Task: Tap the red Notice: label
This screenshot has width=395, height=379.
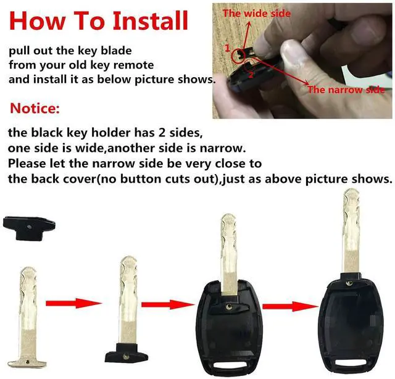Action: (x=35, y=109)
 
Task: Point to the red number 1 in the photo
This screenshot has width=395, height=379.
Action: (x=228, y=48)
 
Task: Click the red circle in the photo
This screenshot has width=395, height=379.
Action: (x=238, y=57)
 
